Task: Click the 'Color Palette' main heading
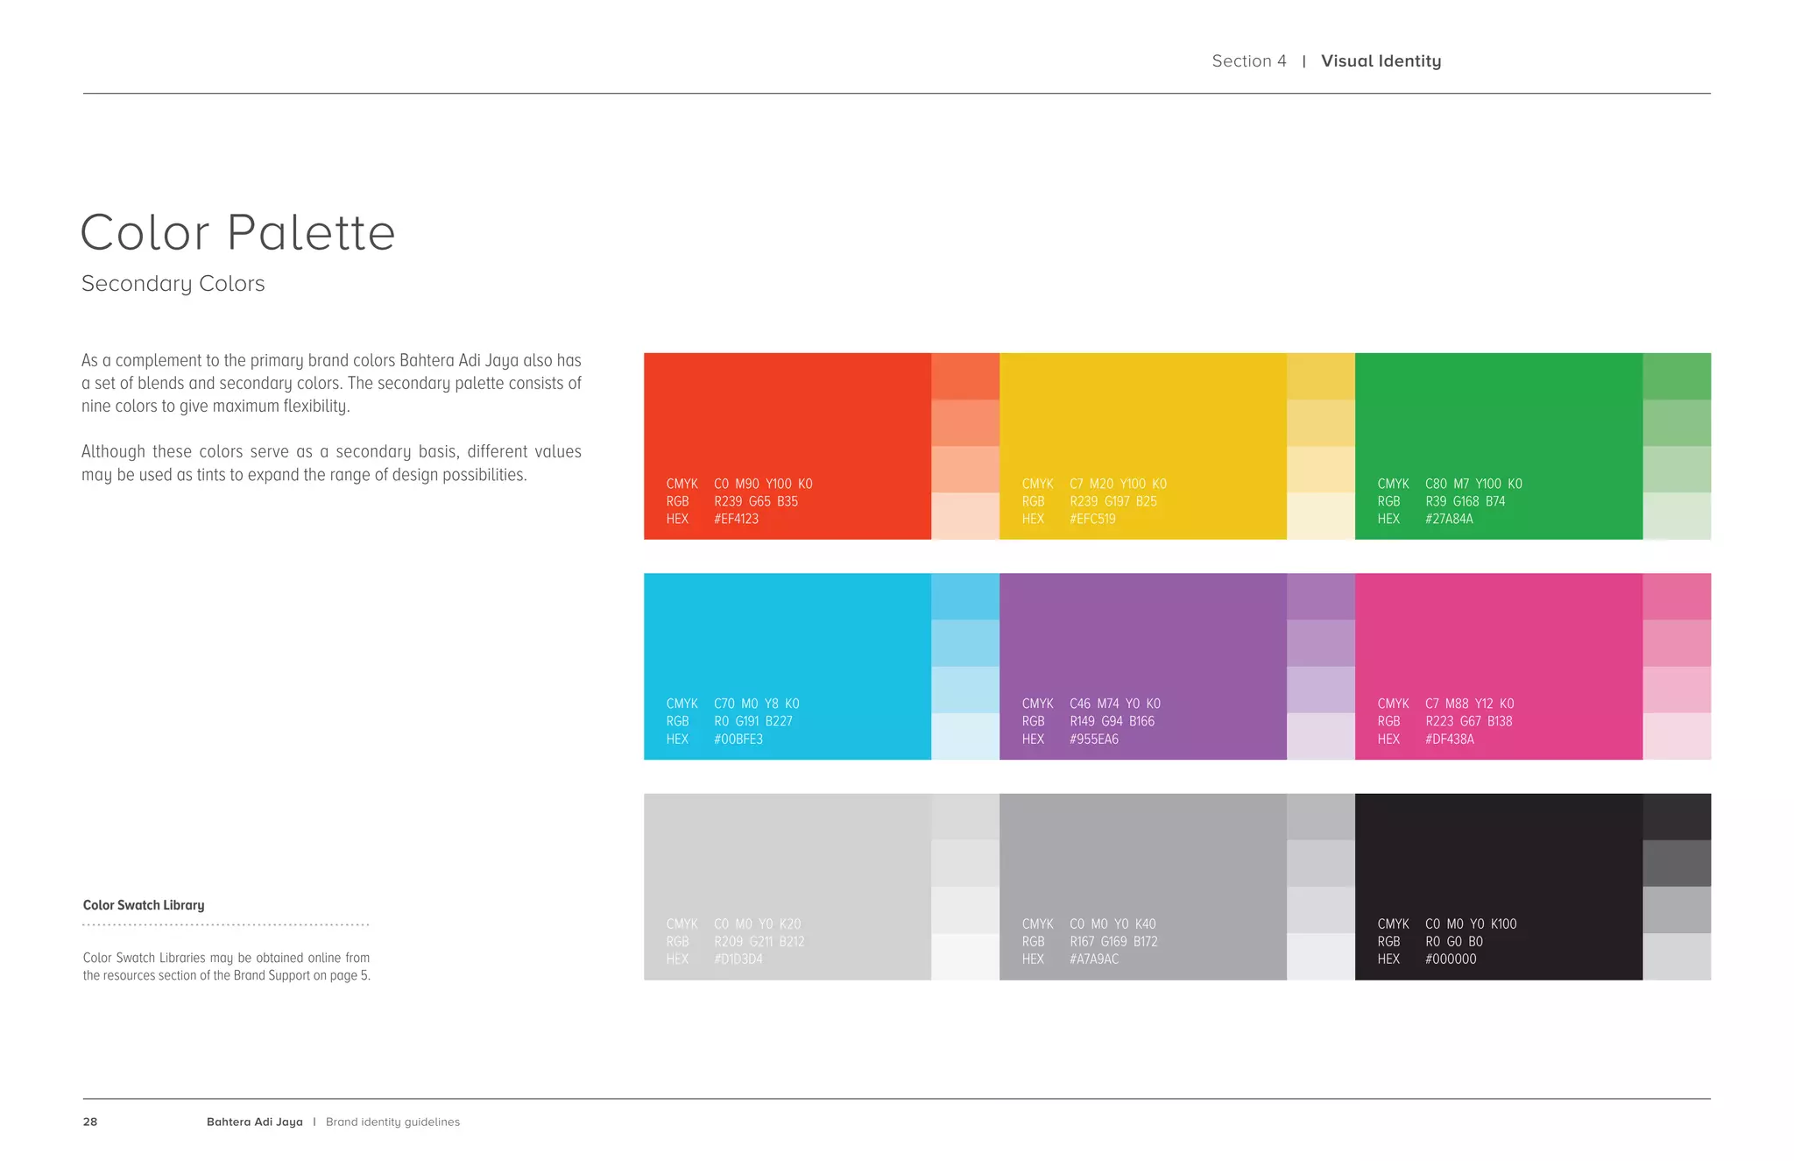click(x=237, y=233)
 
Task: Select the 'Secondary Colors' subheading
click(x=173, y=284)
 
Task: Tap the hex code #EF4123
click(x=736, y=519)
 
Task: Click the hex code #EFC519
click(x=1092, y=519)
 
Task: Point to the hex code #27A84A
click(x=1449, y=519)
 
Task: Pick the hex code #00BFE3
click(x=738, y=739)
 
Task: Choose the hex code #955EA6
click(x=1094, y=739)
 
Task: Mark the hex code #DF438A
click(x=1450, y=739)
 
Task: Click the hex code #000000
click(x=1451, y=959)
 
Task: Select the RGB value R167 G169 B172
click(x=1113, y=941)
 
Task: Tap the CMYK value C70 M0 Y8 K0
click(x=756, y=704)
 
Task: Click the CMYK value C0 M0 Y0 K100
click(x=1471, y=924)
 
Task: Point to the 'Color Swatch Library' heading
click(x=144, y=905)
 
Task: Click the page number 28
click(x=90, y=1122)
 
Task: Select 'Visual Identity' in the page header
click(x=1381, y=61)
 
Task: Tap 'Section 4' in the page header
click(x=1249, y=61)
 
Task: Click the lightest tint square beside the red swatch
click(x=965, y=516)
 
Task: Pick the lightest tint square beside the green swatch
click(x=1677, y=516)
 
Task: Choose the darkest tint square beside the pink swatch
click(x=1677, y=597)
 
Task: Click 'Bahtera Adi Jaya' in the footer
click(x=255, y=1122)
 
